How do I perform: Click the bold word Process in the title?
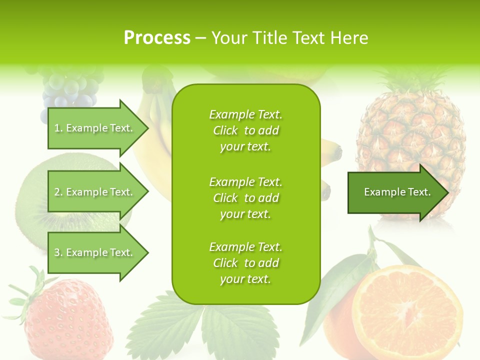(x=157, y=38)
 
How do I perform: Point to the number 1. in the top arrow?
(x=58, y=128)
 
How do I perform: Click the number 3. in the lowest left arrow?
(x=58, y=252)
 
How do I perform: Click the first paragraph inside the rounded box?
(x=245, y=130)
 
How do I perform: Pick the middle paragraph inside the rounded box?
(x=245, y=198)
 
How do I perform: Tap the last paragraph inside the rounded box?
(x=245, y=263)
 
